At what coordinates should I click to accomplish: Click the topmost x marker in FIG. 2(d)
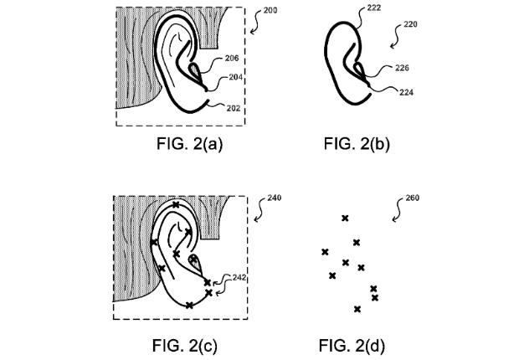coord(345,219)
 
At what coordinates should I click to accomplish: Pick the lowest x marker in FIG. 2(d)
coord(358,309)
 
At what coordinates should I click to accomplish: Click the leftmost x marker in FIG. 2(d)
coord(325,251)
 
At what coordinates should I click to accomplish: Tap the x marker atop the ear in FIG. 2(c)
coord(174,204)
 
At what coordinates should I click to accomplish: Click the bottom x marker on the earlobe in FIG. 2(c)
coord(190,306)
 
